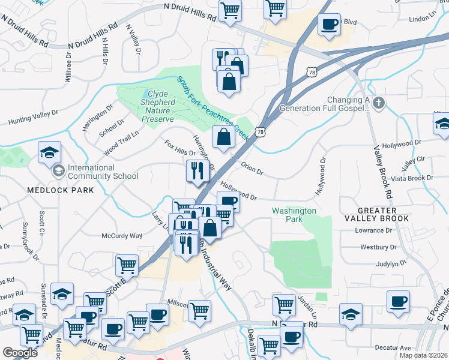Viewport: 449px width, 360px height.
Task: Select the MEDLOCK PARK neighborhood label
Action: pyautogui.click(x=60, y=190)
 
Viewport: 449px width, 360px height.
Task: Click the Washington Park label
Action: pyautogui.click(x=294, y=215)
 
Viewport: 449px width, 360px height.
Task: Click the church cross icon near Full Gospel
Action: pyautogui.click(x=378, y=103)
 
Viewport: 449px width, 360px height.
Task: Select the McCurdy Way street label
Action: pyautogui.click(x=121, y=236)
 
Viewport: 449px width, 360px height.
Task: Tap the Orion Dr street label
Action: pyautogui.click(x=252, y=169)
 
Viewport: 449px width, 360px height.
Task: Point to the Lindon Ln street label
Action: pyautogui.click(x=424, y=19)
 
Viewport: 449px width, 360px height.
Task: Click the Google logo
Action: pyautogui.click(x=20, y=353)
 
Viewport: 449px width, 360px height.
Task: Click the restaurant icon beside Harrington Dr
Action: pyautogui.click(x=197, y=172)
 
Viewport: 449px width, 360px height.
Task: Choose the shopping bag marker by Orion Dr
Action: pyautogui.click(x=223, y=136)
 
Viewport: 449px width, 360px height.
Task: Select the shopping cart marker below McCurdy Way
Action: pyautogui.click(x=127, y=265)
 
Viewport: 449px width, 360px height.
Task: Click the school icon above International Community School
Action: pyautogui.click(x=49, y=152)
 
